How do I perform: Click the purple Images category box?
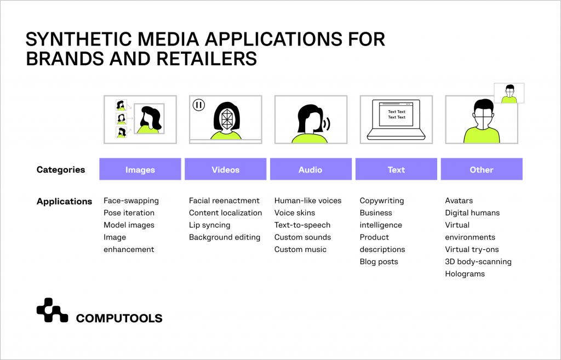coord(140,169)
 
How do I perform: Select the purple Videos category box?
coord(225,169)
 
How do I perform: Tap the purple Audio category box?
coord(310,169)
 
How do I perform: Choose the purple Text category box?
coord(396,169)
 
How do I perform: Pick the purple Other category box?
coord(481,169)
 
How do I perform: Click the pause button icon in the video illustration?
coord(199,105)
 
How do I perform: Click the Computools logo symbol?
coord(52,310)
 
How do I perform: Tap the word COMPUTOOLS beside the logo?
coord(119,318)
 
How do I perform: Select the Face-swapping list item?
coord(131,201)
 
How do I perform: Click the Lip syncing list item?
coord(209,225)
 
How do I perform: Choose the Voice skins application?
coord(295,213)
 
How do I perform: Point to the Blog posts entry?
coord(379,261)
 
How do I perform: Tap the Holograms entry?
coord(465,274)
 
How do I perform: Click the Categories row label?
coord(61,170)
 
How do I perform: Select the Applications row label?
coord(64,201)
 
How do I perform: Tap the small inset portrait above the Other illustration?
coord(509,93)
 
